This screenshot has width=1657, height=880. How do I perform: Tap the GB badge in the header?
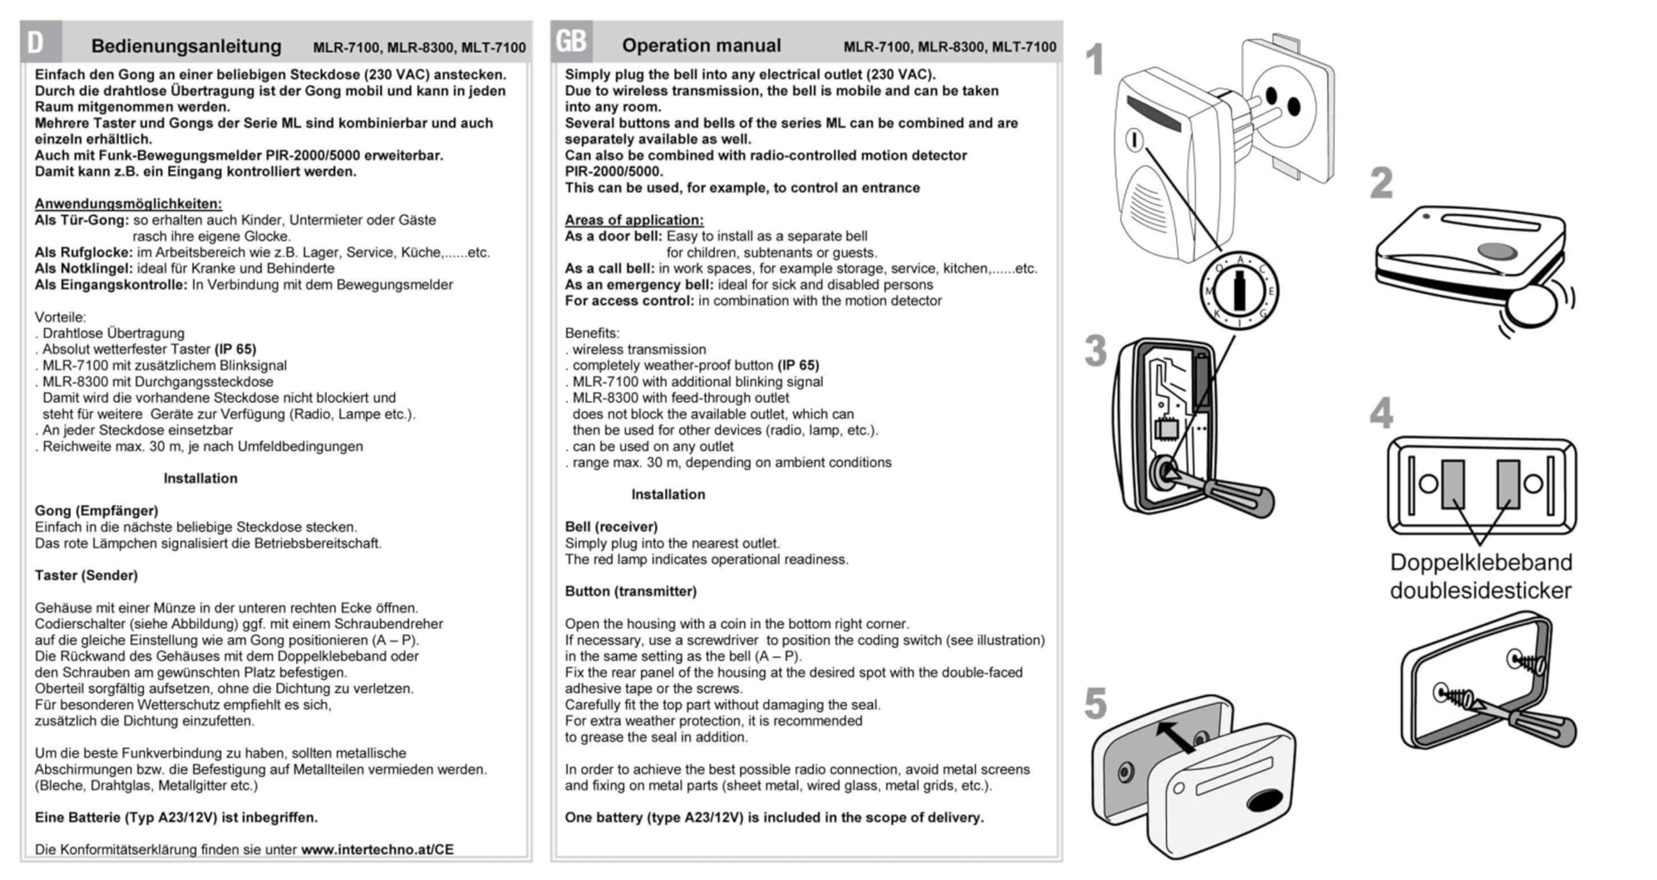[x=571, y=41]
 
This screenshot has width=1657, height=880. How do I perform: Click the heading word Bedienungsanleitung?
[x=186, y=46]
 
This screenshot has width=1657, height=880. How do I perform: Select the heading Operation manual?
[x=701, y=45]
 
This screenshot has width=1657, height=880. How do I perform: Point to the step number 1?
[x=1095, y=60]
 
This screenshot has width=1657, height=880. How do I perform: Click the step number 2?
[x=1381, y=183]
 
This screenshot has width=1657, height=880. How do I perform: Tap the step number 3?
[x=1095, y=352]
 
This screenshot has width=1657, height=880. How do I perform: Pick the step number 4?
[x=1381, y=413]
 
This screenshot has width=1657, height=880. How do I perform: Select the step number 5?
[x=1095, y=704]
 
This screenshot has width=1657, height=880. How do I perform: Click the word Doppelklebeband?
[x=1481, y=562]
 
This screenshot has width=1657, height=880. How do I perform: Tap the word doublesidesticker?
[x=1480, y=591]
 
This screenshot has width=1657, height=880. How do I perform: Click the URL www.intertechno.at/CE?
[x=377, y=850]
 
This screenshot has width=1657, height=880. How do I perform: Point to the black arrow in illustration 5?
[x=1175, y=737]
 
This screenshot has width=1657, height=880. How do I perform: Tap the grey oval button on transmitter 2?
[x=1496, y=251]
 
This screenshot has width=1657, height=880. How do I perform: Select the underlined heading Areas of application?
[x=634, y=220]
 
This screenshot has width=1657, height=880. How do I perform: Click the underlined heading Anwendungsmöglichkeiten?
[x=128, y=203]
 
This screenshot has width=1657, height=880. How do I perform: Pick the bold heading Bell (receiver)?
[x=611, y=526]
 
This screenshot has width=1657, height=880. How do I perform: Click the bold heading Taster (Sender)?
[x=86, y=575]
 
